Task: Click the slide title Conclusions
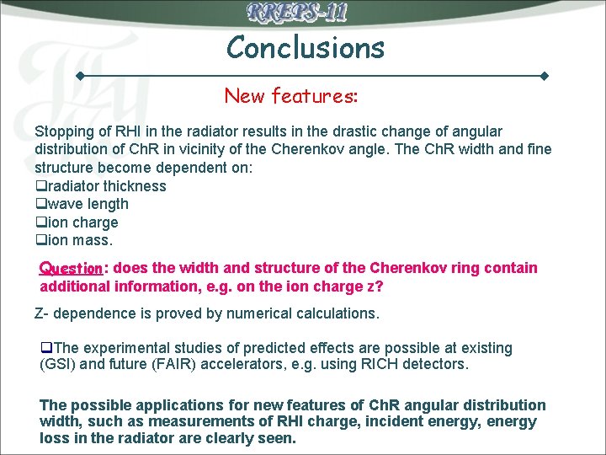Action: click(x=305, y=47)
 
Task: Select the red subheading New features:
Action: click(x=291, y=96)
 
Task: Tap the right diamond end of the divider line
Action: click(x=545, y=76)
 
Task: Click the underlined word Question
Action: click(x=70, y=269)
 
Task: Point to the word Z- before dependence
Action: click(x=43, y=313)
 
